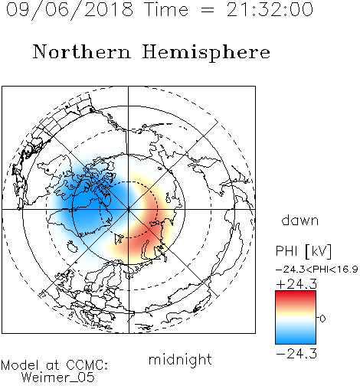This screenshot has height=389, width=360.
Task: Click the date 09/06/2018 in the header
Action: click(x=70, y=9)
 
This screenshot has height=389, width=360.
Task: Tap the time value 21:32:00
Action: click(x=270, y=9)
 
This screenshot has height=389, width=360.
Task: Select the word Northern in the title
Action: click(x=82, y=51)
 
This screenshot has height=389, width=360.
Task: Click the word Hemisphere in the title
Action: click(x=206, y=52)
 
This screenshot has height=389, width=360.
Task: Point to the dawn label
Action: click(x=300, y=221)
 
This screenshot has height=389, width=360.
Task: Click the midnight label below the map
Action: click(x=180, y=361)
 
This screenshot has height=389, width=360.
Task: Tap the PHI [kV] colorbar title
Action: click(x=303, y=251)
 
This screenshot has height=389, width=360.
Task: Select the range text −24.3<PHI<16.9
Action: click(x=317, y=270)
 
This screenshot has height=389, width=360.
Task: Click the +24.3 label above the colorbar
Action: click(x=296, y=284)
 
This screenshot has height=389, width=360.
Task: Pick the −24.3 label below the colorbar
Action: click(x=296, y=354)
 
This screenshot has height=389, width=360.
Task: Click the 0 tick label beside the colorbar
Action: click(x=322, y=319)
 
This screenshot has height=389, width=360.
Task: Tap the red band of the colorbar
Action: click(x=296, y=296)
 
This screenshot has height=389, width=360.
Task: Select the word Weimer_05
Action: click(x=58, y=378)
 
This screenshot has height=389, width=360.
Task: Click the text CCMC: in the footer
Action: click(x=87, y=365)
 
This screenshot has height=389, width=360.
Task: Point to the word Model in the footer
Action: click(x=20, y=365)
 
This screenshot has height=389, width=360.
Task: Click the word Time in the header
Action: click(x=166, y=9)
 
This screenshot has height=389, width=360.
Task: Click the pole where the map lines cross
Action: click(x=129, y=209)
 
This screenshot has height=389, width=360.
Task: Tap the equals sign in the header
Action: click(x=207, y=10)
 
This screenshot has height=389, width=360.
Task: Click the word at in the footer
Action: click(x=52, y=365)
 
